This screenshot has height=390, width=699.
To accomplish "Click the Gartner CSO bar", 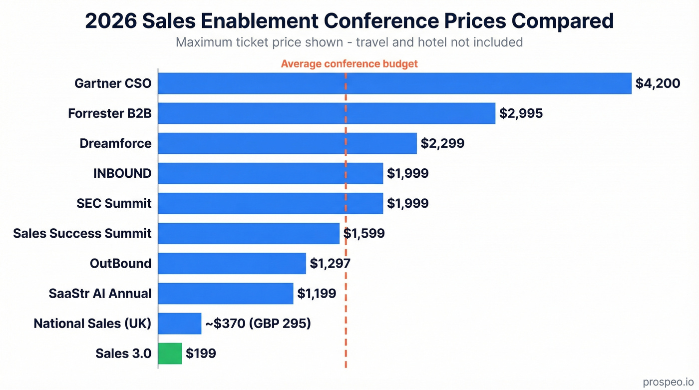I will click(394, 83).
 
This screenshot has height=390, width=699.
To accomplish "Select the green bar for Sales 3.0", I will click(170, 354).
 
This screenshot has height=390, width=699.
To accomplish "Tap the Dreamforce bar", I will click(287, 143).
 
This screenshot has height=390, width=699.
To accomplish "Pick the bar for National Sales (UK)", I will click(180, 324).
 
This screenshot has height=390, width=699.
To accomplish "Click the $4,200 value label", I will click(658, 83).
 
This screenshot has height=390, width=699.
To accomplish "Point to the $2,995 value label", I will click(521, 114).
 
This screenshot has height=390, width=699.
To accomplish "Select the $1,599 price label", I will click(364, 233).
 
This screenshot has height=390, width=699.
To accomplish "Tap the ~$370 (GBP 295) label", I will click(258, 324).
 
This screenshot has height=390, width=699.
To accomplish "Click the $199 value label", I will click(201, 354).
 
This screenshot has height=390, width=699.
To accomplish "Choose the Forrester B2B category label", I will click(110, 114).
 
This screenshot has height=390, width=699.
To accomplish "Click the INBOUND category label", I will click(122, 173).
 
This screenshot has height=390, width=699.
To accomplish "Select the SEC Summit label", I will click(114, 203).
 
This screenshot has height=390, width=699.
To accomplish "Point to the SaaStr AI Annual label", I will click(100, 293).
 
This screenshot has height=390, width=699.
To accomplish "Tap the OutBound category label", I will click(120, 263).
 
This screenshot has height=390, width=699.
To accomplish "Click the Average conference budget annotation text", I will click(349, 64).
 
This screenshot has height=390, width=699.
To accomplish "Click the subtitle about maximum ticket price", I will click(349, 42).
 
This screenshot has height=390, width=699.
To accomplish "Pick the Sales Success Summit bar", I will click(249, 233).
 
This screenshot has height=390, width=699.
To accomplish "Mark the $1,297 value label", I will click(330, 263).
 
